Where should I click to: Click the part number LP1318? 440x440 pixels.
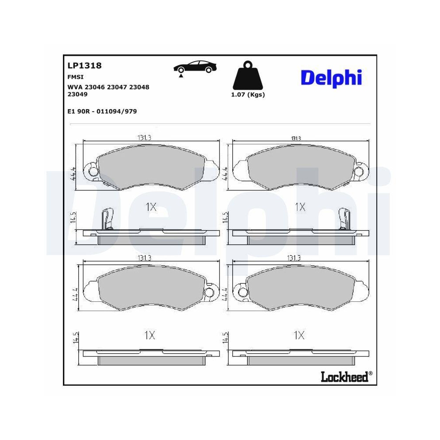[x=84, y=66]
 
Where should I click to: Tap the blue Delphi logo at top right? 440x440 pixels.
[x=331, y=77]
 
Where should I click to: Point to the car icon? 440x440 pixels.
[x=195, y=67]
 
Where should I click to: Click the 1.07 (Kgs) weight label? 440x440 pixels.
[x=248, y=95]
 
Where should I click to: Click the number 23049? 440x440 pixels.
[x=77, y=94]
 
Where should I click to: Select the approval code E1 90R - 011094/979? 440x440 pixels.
[x=102, y=111]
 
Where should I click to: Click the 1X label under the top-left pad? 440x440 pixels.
[x=150, y=207]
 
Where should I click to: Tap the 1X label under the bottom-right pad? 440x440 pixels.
[x=299, y=336]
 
